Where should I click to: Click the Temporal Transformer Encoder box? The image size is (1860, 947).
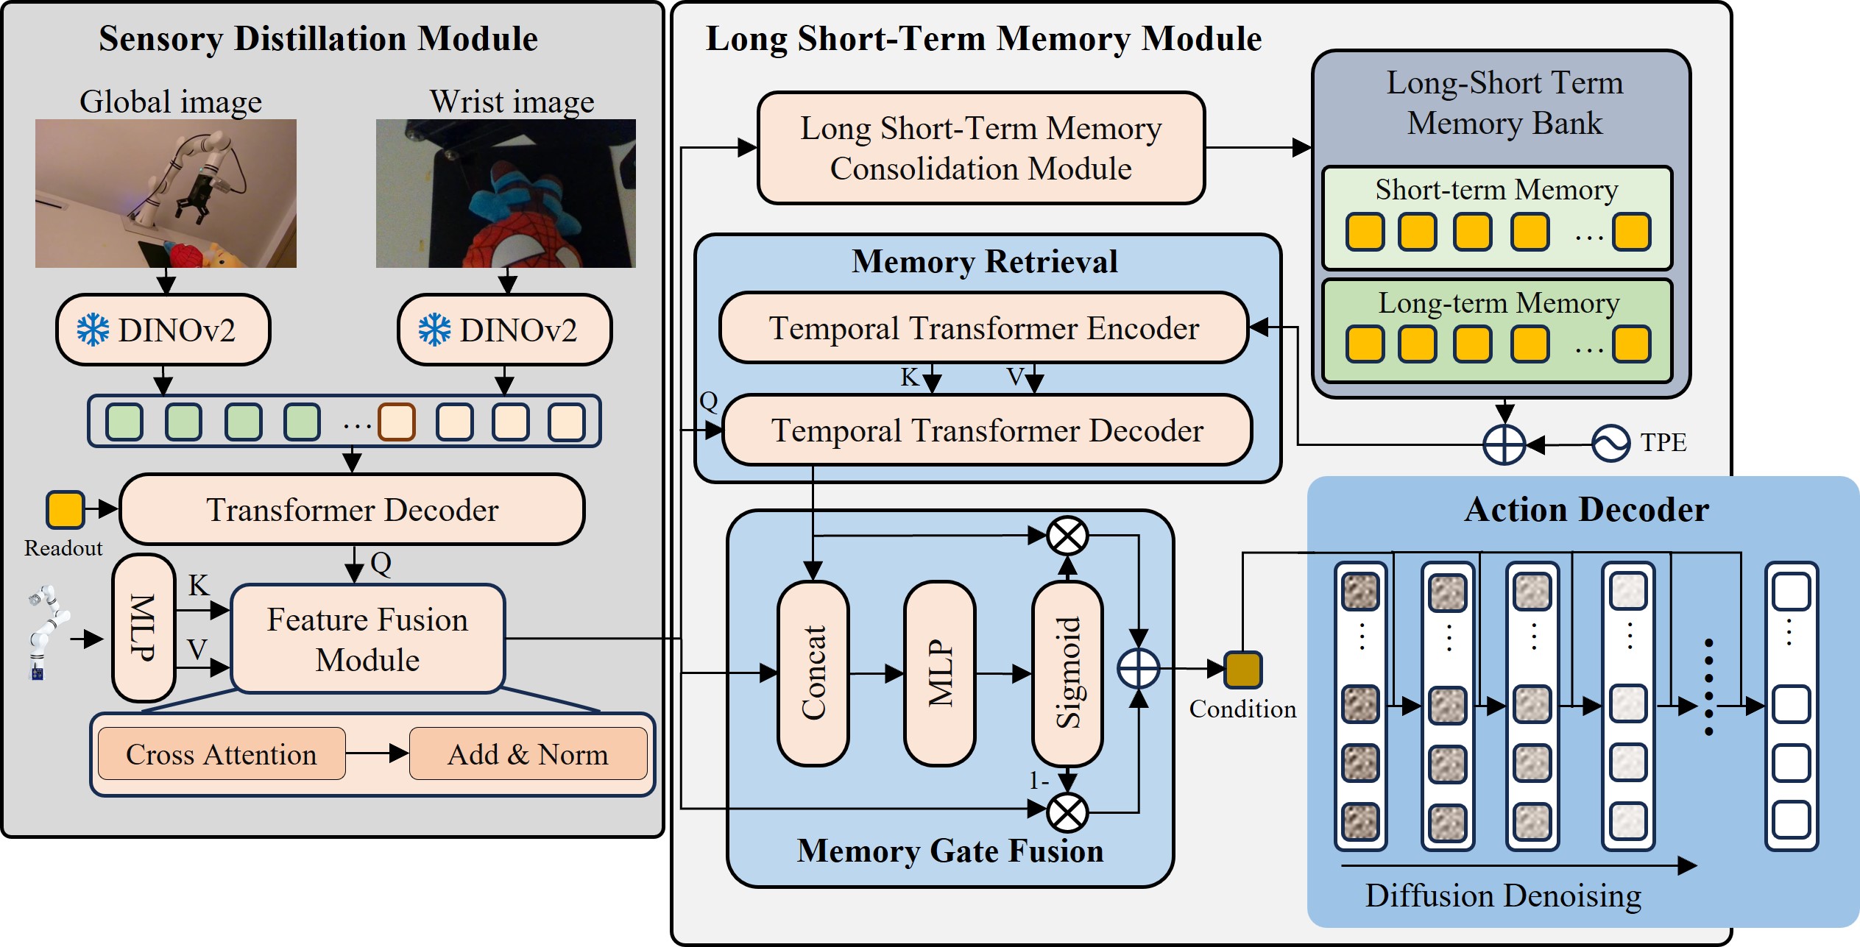983,328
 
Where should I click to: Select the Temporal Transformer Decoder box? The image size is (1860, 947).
986,430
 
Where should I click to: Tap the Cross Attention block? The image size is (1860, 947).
221,754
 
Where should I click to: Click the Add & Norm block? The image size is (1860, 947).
528,754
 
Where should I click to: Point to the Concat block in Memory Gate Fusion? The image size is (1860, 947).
813,673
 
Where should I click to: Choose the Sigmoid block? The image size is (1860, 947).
1067,673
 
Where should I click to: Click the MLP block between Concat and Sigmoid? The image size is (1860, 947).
940,673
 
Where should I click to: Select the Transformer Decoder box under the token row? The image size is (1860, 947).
352,509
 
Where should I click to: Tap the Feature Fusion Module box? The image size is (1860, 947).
367,639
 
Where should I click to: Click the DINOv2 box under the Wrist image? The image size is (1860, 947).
504,330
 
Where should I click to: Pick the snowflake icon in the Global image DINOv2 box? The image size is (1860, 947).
93,330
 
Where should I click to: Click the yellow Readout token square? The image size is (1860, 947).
65,510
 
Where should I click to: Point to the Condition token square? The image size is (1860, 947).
1242,670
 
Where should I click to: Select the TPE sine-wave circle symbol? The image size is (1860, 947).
1610,444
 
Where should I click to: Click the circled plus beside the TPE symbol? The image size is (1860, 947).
1504,444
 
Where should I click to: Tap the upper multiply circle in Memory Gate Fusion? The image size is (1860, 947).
1067,535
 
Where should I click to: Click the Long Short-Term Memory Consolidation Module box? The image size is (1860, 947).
980,148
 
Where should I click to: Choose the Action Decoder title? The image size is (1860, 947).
1586,509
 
